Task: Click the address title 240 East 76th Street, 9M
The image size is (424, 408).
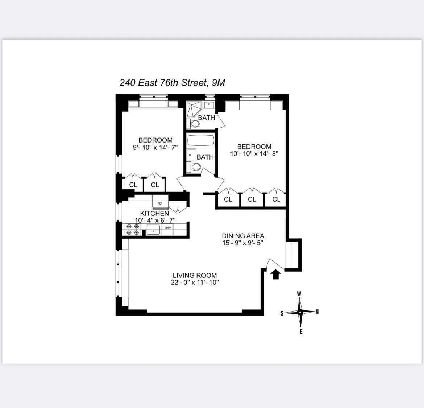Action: click(172, 83)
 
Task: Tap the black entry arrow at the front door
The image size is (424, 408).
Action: click(276, 275)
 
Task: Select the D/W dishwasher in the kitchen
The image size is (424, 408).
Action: click(167, 228)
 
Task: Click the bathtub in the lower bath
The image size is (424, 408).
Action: click(200, 141)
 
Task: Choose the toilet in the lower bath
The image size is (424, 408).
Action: click(195, 167)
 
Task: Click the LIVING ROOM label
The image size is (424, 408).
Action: click(195, 275)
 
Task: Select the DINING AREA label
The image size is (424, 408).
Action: click(243, 236)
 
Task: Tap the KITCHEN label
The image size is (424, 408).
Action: click(154, 213)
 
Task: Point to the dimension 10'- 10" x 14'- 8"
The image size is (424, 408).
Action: click(254, 154)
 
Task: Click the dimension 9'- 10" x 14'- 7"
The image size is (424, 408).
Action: click(155, 147)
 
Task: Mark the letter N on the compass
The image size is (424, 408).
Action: click(317, 312)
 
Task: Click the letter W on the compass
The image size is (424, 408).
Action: click(299, 294)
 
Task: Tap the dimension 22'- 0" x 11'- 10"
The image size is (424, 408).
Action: click(195, 283)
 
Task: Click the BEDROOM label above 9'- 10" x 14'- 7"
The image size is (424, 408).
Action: click(155, 140)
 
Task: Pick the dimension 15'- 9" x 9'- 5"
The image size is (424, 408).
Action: click(243, 243)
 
